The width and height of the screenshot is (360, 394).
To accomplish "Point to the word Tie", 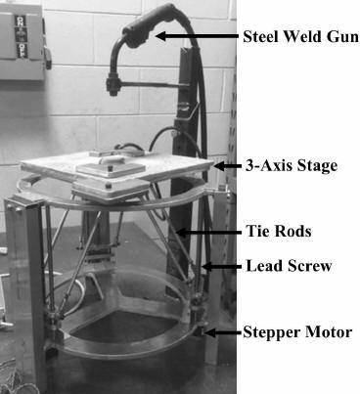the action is [255, 232].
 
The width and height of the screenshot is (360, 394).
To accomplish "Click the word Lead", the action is [261, 264].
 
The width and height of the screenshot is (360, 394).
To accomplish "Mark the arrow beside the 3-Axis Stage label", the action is [227, 166].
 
